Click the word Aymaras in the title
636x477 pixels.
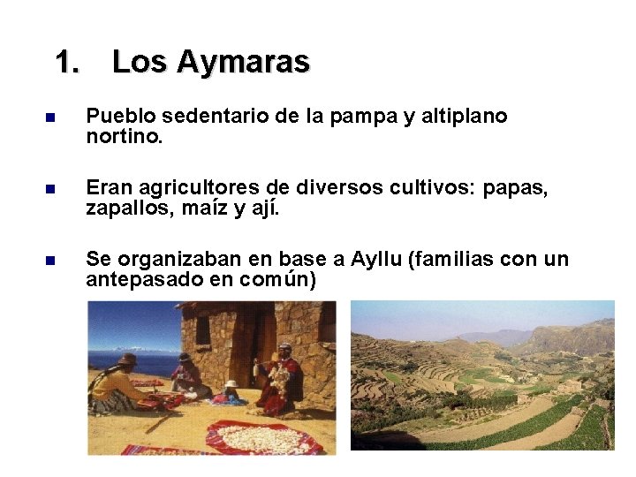243,62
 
